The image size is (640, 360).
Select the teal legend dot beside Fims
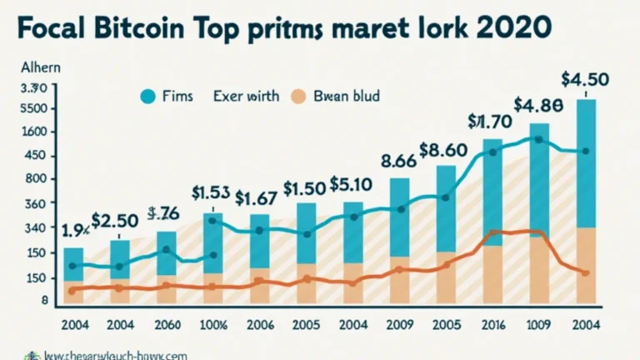(148, 97)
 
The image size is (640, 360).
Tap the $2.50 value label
(115, 221)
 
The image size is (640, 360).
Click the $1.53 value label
(212, 193)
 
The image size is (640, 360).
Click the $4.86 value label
(537, 106)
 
